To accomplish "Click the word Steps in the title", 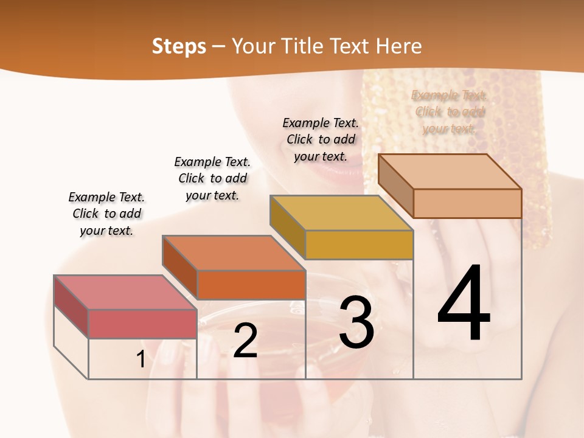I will (x=178, y=46).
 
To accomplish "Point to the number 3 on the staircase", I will (x=356, y=322).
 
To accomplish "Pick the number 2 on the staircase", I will (x=245, y=341).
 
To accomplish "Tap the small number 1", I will (x=141, y=360).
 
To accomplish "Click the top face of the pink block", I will (x=125, y=292).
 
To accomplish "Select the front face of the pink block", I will (x=142, y=324).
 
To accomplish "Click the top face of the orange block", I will (x=234, y=252).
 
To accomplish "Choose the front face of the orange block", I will (x=251, y=285).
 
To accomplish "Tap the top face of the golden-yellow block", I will (x=342, y=213).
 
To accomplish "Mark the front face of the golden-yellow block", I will (x=359, y=245).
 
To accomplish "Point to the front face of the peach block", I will (x=467, y=203).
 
